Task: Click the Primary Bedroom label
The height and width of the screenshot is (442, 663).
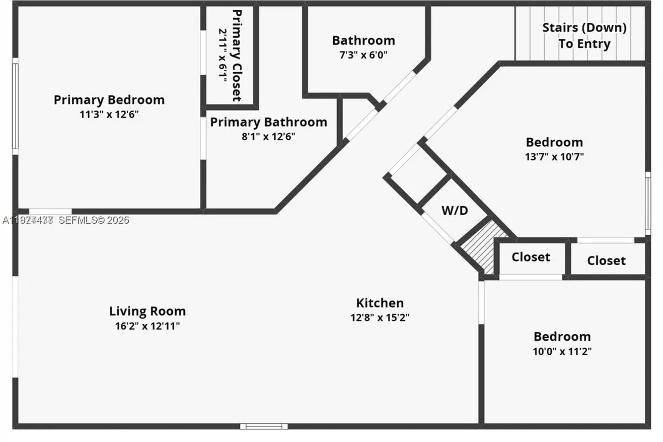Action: pyautogui.click(x=109, y=100)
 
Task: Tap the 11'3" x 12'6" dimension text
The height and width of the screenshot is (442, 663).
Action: pyautogui.click(x=109, y=114)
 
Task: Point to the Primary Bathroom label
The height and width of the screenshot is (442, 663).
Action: pyautogui.click(x=269, y=122)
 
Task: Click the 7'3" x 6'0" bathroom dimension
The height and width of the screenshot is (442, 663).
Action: pyautogui.click(x=364, y=55)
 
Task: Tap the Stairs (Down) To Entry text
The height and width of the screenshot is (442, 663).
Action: pyautogui.click(x=584, y=35)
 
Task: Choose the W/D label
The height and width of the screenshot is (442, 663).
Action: pyautogui.click(x=454, y=211)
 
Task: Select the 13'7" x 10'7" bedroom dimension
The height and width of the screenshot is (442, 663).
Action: pyautogui.click(x=554, y=156)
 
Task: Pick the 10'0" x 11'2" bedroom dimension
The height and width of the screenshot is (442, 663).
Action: pyautogui.click(x=562, y=351)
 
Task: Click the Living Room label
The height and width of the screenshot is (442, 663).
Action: pyautogui.click(x=147, y=311)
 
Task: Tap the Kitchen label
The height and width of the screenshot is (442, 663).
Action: pyautogui.click(x=380, y=303)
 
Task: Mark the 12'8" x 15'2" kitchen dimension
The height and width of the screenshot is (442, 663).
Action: pyautogui.click(x=380, y=318)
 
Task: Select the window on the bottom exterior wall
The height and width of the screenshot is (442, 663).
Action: pyautogui.click(x=264, y=426)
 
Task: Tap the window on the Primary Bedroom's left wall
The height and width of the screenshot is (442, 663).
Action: pyautogui.click(x=15, y=106)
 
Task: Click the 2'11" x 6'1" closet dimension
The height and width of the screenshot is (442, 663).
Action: pyautogui.click(x=223, y=55)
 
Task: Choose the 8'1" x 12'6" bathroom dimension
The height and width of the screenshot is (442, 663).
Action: pyautogui.click(x=269, y=136)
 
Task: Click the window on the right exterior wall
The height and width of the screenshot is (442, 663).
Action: pyautogui.click(x=648, y=203)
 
